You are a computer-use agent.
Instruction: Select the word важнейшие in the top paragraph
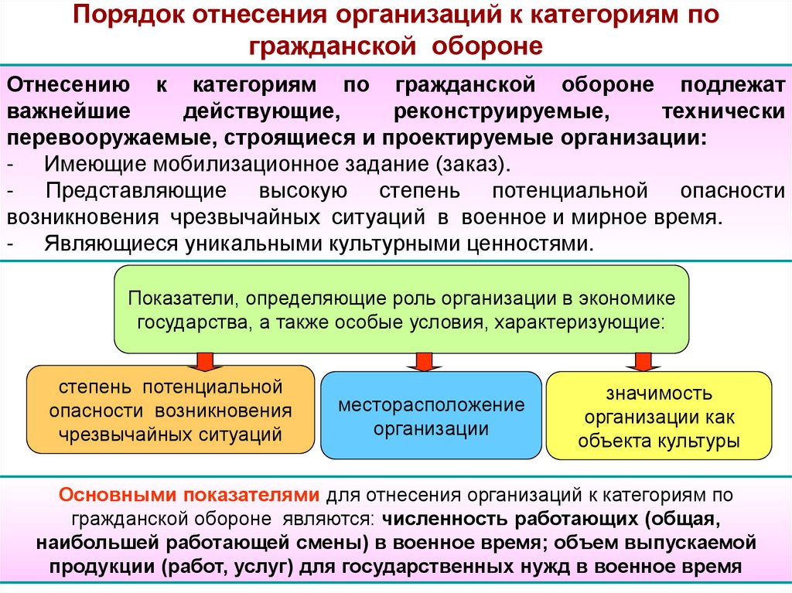point(59,112)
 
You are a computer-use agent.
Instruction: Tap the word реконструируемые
point(502,112)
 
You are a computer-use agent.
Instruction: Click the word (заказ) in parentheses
point(473,165)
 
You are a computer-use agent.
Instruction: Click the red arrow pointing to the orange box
point(203,360)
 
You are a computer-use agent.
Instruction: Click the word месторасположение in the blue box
point(431,405)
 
